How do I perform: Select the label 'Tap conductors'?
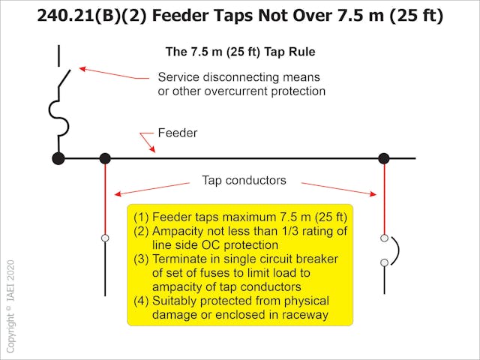click(x=245, y=181)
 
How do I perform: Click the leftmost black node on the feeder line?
click(x=58, y=158)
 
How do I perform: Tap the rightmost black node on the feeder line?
click(x=384, y=158)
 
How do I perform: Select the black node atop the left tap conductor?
click(x=105, y=158)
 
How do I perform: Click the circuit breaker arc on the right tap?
click(x=396, y=250)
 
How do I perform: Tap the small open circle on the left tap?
click(x=105, y=238)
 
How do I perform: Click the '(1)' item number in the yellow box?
click(x=142, y=217)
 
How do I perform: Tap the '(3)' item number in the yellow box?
click(x=142, y=259)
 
